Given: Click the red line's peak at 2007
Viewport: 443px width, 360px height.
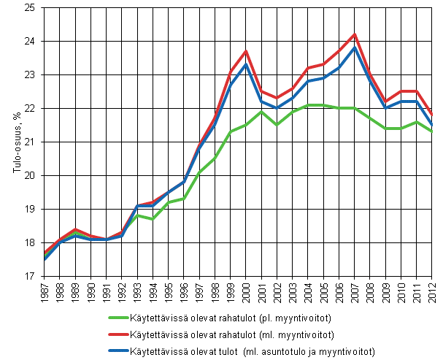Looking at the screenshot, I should pyautogui.click(x=355, y=34).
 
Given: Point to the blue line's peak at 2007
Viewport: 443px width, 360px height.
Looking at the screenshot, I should pyautogui.click(x=355, y=48).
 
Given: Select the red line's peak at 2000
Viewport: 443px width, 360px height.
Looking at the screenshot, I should pyautogui.click(x=247, y=51).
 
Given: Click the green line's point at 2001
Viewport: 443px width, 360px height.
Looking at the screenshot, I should pyautogui.click(x=262, y=112).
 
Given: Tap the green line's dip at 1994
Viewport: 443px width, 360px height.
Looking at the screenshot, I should pyautogui.click(x=153, y=219).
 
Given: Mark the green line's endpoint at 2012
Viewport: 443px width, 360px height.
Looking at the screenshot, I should pyautogui.click(x=432, y=131).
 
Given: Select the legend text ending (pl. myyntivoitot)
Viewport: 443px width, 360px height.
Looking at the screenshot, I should pyautogui.click(x=235, y=317).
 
